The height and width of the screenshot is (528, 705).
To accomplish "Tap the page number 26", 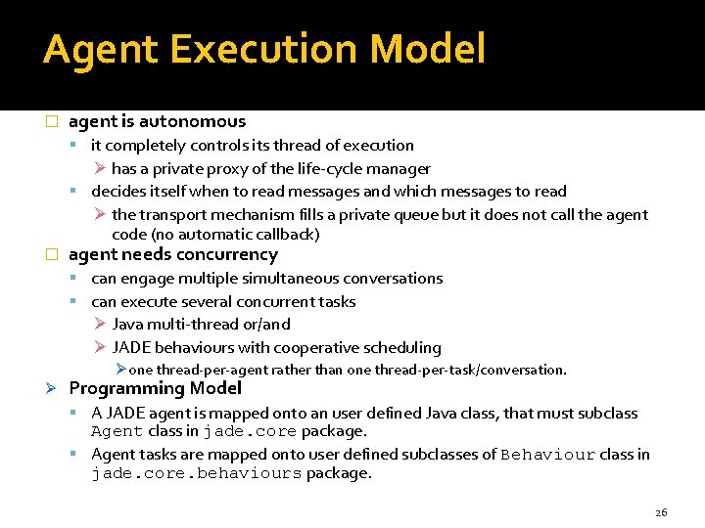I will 660,511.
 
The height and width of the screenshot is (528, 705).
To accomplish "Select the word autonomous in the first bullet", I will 192,121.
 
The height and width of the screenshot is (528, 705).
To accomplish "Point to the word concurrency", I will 229,254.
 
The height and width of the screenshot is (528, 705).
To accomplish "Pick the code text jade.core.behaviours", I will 196,474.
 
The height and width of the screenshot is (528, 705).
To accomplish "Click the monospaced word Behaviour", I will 547,455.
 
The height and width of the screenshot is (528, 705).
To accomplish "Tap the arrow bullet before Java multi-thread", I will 100,324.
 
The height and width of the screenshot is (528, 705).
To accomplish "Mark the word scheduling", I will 402,347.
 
